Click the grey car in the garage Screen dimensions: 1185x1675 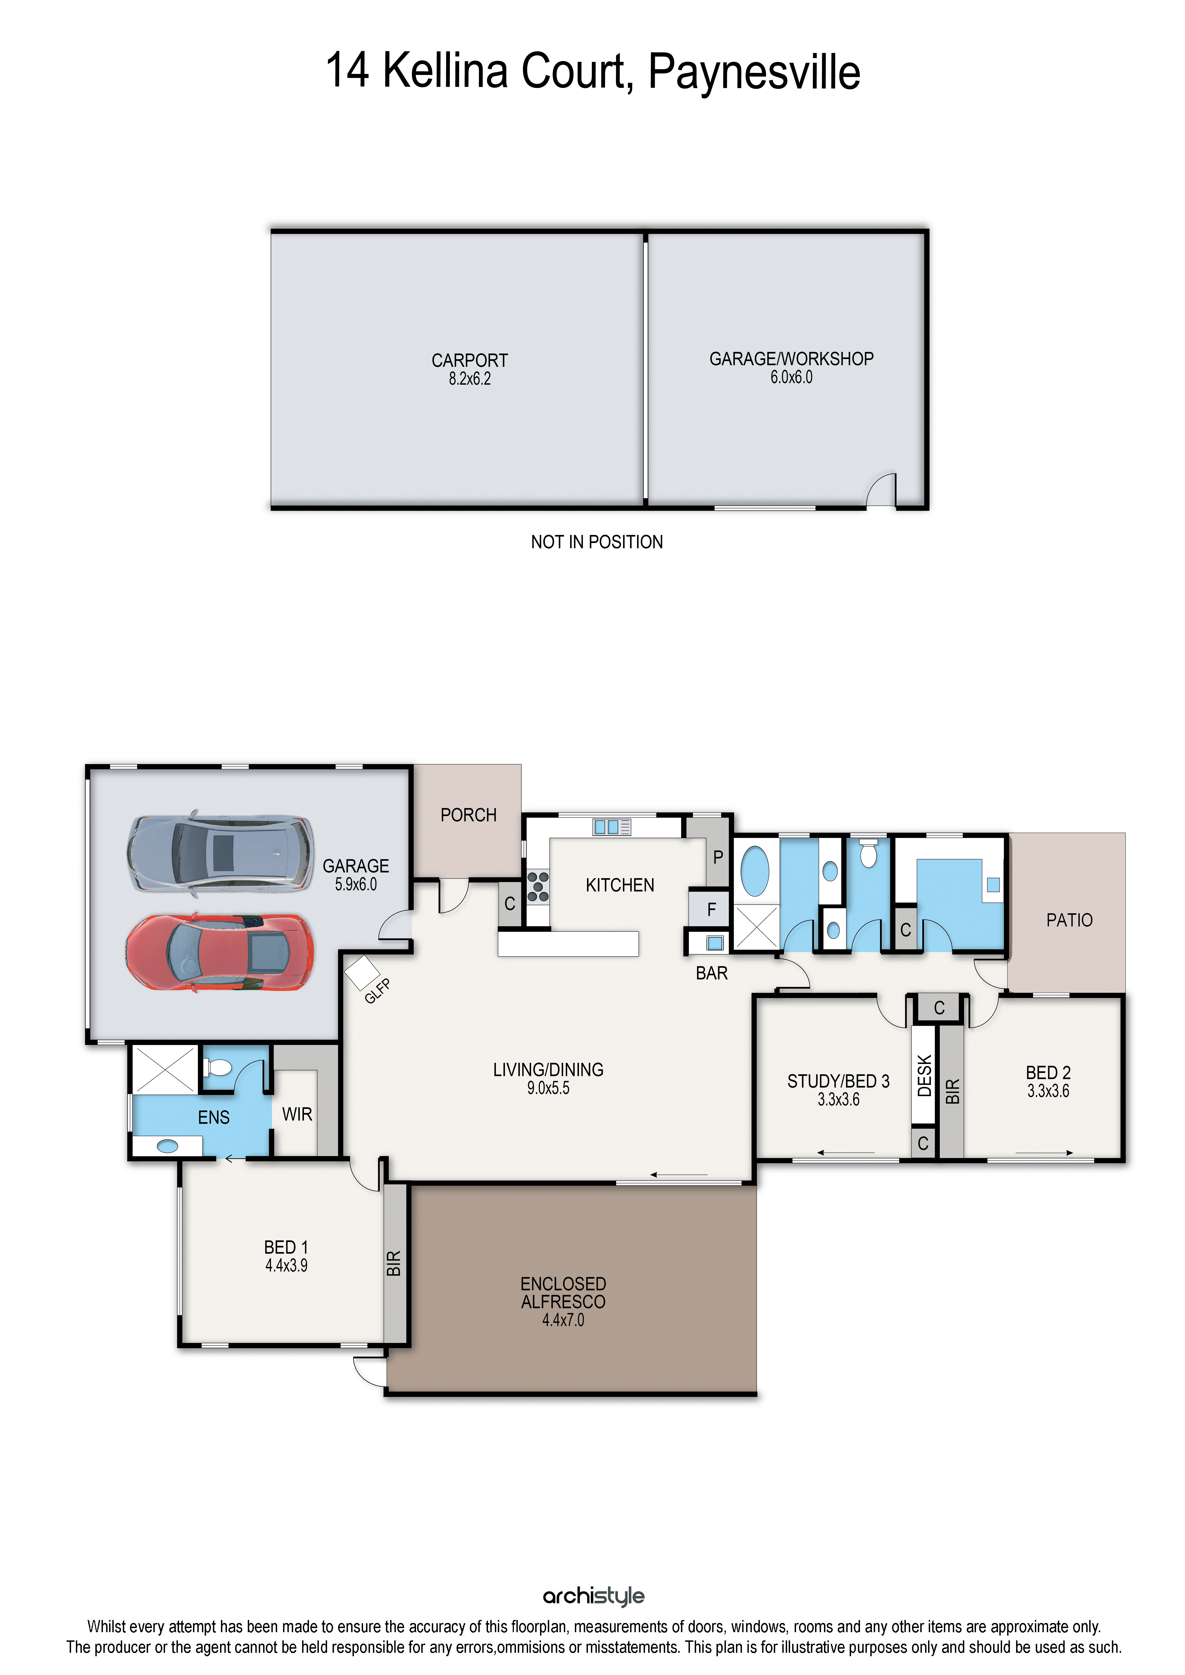220,852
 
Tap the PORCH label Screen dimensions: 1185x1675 468,815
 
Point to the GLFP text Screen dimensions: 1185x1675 377,991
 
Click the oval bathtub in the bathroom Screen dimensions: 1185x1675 755,871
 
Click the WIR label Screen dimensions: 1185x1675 297,1114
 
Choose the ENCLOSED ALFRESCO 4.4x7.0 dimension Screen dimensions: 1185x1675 563,1320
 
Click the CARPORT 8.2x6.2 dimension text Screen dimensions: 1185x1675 470,379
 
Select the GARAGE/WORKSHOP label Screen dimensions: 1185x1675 792,359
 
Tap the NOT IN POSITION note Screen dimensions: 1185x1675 597,542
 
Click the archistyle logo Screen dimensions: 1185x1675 593,1596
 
